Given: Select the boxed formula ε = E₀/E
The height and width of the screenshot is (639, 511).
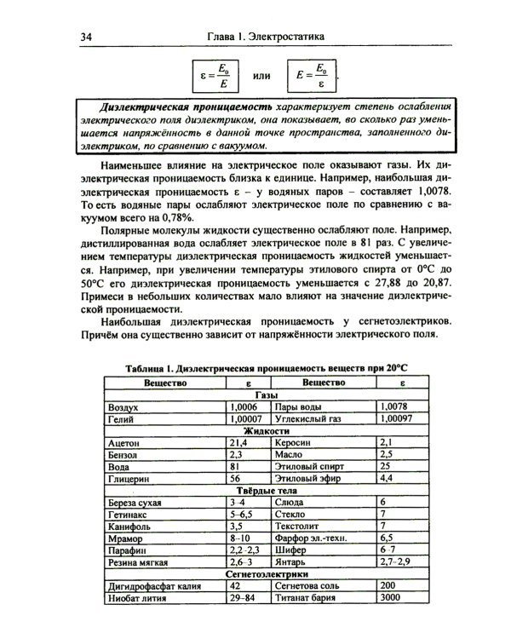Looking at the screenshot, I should tap(213, 76).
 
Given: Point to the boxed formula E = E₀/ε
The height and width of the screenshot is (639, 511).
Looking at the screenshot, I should tap(312, 76).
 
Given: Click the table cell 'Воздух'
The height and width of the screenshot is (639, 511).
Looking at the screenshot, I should tap(124, 408).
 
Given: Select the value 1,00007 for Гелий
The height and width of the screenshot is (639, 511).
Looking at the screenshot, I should tap(247, 420).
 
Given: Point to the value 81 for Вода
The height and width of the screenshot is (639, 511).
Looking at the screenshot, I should tap(235, 468).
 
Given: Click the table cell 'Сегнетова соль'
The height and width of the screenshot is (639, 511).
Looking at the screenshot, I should tap(310, 587).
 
